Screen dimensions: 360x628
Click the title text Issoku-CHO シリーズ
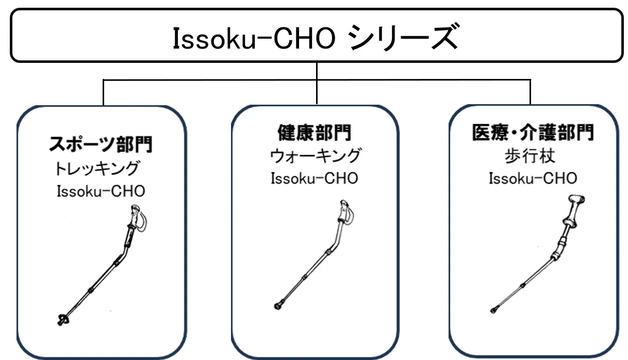pos(315,39)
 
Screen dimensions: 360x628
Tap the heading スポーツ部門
pos(101,144)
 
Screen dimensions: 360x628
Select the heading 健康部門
pos(315,133)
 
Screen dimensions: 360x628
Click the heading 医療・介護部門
pos(533,133)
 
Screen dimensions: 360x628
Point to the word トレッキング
pos(97,168)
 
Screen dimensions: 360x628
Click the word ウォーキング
pos(315,155)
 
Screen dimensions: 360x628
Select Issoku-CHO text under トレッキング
pos(101,192)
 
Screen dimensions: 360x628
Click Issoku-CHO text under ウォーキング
pos(315,178)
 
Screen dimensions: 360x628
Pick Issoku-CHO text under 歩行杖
pos(533,179)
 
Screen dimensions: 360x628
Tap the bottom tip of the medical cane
pos(495,310)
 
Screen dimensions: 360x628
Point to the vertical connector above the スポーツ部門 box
pos(104,92)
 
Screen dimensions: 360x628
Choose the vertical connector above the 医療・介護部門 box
pos(530,92)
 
